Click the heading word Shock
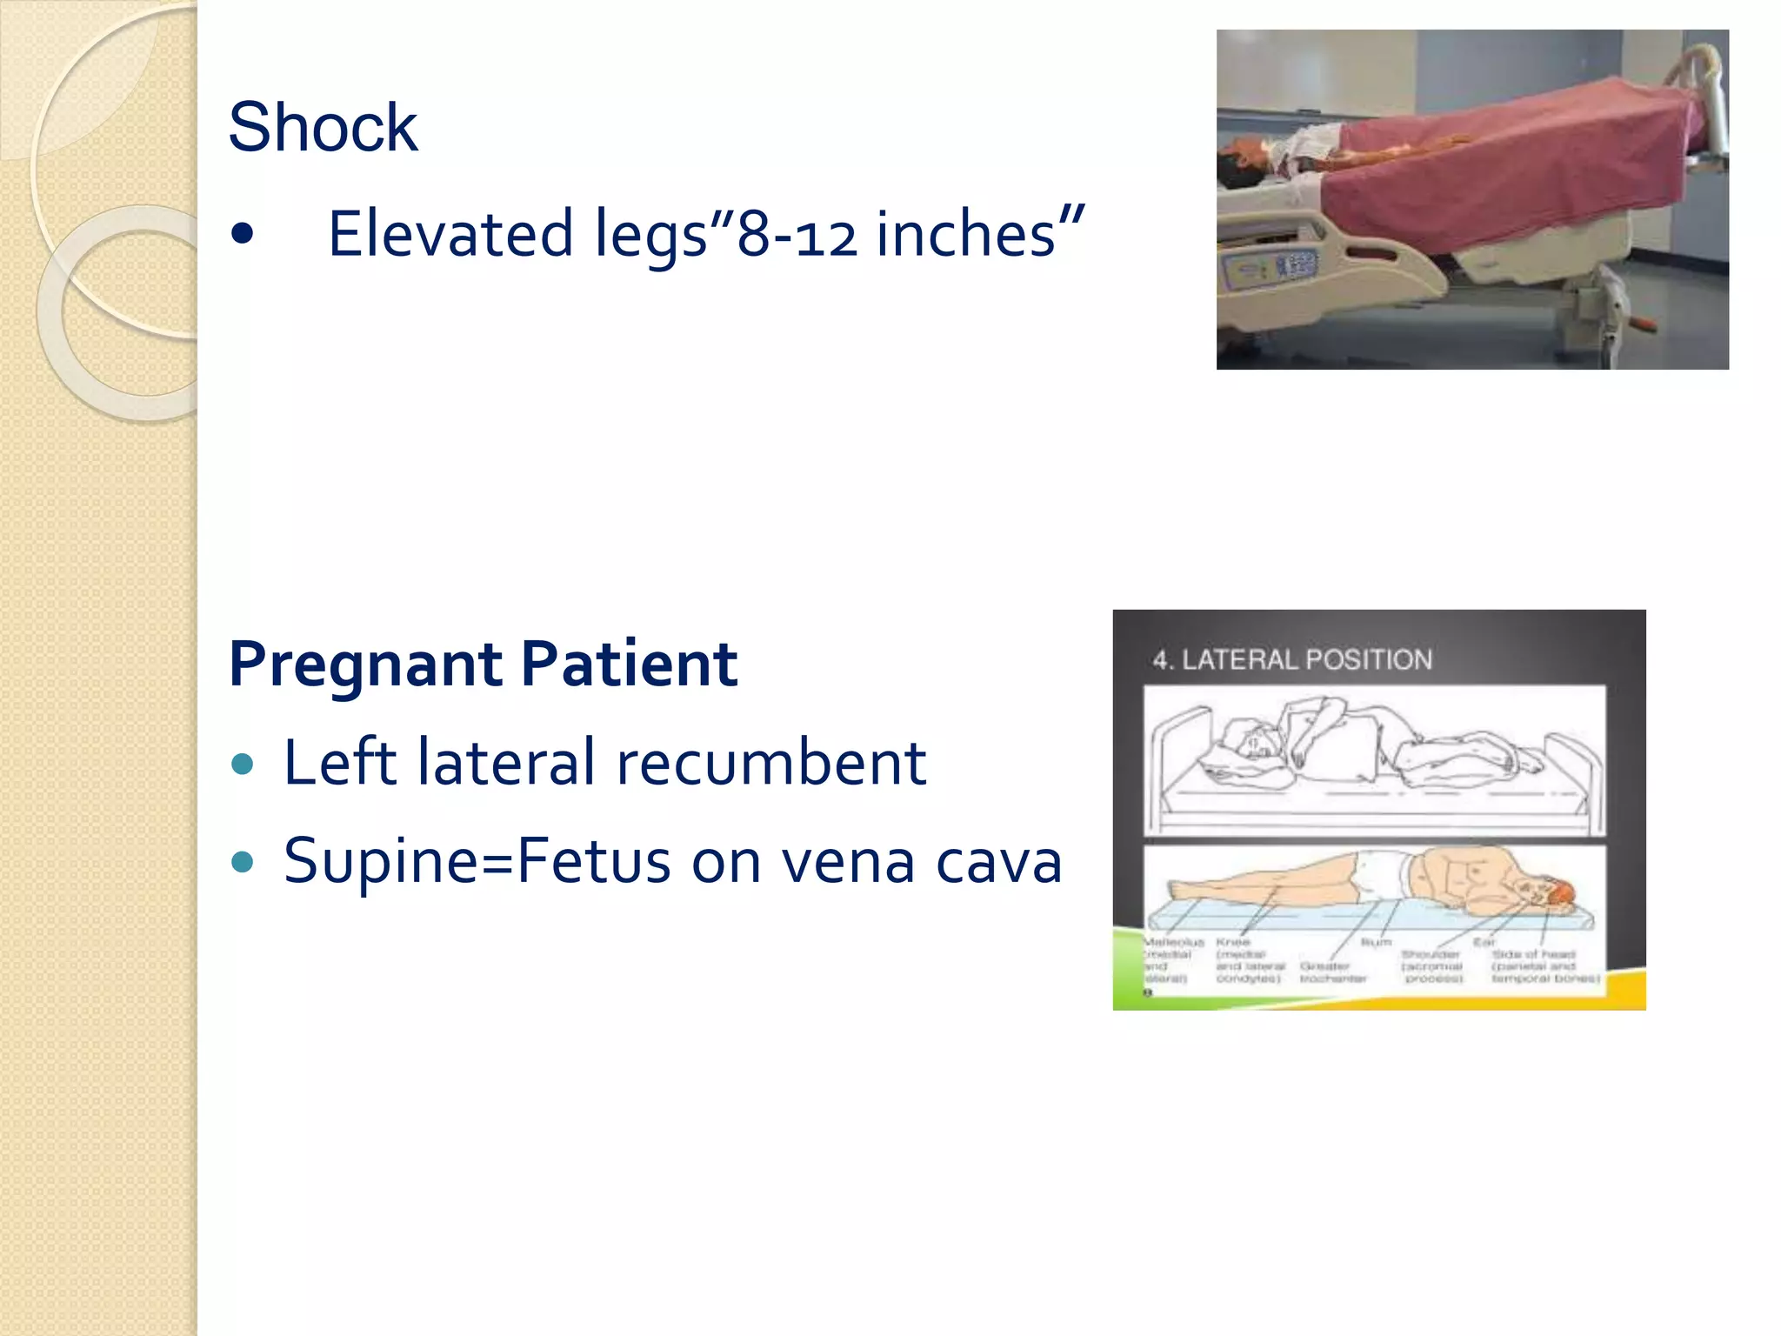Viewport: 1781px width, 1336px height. pyautogui.click(x=323, y=127)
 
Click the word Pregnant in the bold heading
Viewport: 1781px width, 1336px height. pyautogui.click(x=366, y=664)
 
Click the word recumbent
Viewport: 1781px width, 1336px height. pyautogui.click(x=770, y=762)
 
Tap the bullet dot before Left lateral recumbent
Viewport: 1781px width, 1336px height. pyautogui.click(x=243, y=764)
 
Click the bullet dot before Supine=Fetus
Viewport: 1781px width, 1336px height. pyautogui.click(x=243, y=862)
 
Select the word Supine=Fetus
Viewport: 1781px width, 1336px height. pyautogui.click(x=477, y=862)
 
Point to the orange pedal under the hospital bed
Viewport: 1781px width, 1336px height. pyautogui.click(x=1642, y=324)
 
